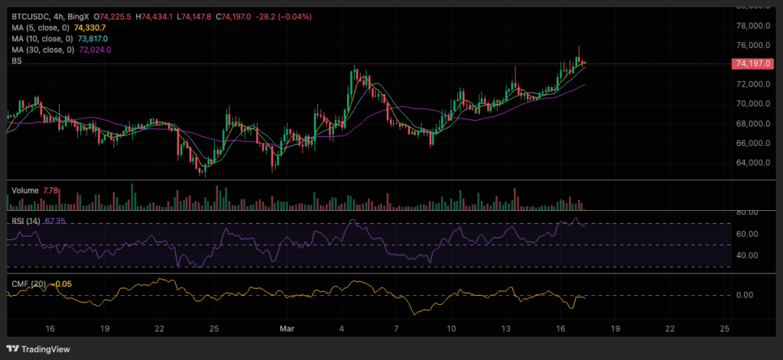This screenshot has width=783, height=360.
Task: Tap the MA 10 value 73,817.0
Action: click(x=93, y=38)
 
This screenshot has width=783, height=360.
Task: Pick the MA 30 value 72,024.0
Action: click(x=93, y=50)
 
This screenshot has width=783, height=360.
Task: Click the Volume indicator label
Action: click(x=24, y=189)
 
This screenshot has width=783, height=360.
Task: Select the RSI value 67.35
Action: click(x=56, y=221)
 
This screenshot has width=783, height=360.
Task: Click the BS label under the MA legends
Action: click(x=16, y=62)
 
